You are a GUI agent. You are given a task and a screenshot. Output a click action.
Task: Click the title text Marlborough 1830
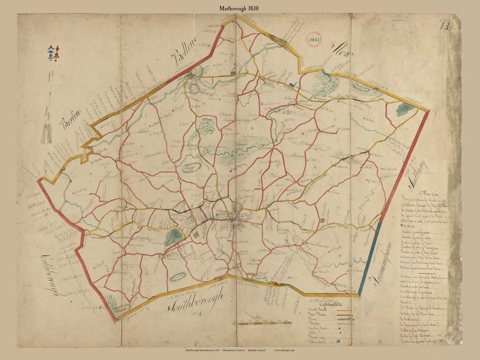pos(239,8)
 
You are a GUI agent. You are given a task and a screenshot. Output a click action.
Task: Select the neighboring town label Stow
pos(341,52)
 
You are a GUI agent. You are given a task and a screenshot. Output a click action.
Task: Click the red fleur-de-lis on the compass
pos(56,53)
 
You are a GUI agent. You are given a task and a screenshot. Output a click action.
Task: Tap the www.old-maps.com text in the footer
pos(284,350)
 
